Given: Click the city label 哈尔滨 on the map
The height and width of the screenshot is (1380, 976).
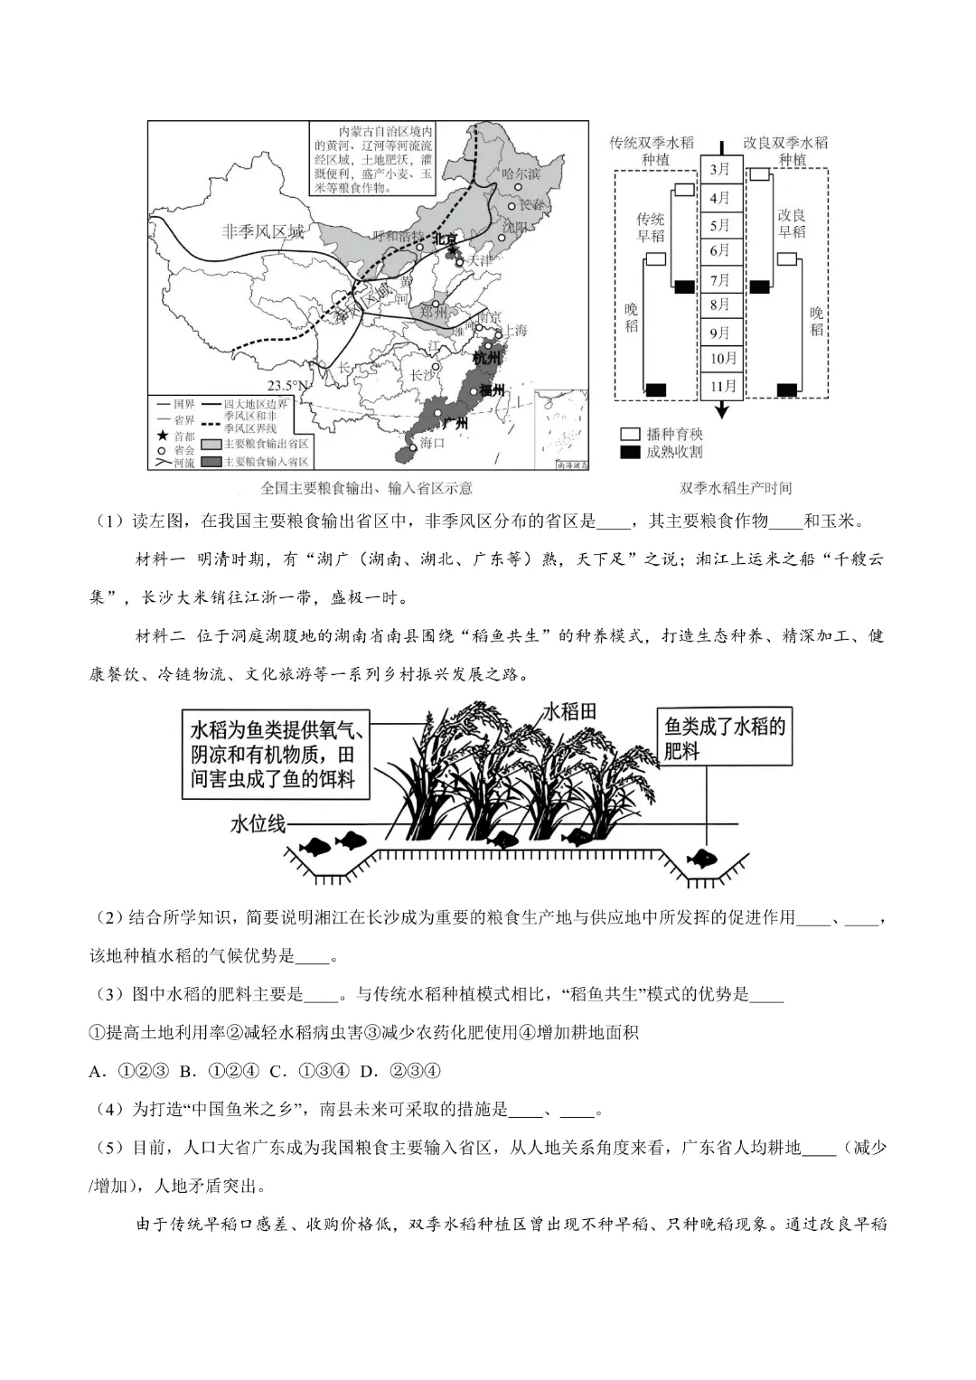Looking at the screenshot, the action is (521, 174).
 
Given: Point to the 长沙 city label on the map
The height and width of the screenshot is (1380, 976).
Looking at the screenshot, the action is (422, 375).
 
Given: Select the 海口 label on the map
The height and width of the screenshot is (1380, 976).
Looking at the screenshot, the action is (433, 443).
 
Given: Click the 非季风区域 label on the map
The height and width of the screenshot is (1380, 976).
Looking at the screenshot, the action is (263, 231).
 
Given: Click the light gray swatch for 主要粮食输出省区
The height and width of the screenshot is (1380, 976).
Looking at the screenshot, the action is (210, 445).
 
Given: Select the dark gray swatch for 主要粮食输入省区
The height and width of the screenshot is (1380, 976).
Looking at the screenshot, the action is (210, 461).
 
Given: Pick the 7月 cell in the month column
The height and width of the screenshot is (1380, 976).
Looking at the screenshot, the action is (720, 280).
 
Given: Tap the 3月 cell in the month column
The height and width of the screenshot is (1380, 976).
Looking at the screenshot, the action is (720, 169).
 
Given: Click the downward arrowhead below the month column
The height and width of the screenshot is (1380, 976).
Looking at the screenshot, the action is (721, 411).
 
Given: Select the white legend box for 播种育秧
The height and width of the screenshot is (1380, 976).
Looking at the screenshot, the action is (630, 435).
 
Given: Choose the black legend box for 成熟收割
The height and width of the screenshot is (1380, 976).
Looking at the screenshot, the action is (630, 451).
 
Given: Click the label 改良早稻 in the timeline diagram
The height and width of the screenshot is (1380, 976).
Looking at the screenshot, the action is (792, 224).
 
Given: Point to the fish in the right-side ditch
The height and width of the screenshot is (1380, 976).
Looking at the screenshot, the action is (701, 857).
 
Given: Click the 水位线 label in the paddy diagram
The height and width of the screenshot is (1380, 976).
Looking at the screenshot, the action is (258, 823).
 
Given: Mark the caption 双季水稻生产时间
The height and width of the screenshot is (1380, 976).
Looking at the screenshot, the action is (736, 488).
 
